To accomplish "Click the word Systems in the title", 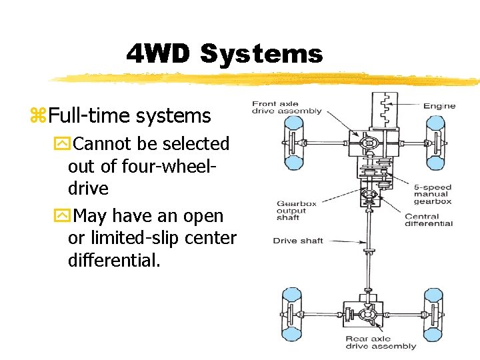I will point(261,54).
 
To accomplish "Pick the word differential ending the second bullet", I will point(113,260).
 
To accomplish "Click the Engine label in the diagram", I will point(439,105).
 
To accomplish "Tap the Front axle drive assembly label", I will point(287,107).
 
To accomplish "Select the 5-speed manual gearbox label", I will point(433,194).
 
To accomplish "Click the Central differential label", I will point(428,219).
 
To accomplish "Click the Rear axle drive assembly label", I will point(381,343).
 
